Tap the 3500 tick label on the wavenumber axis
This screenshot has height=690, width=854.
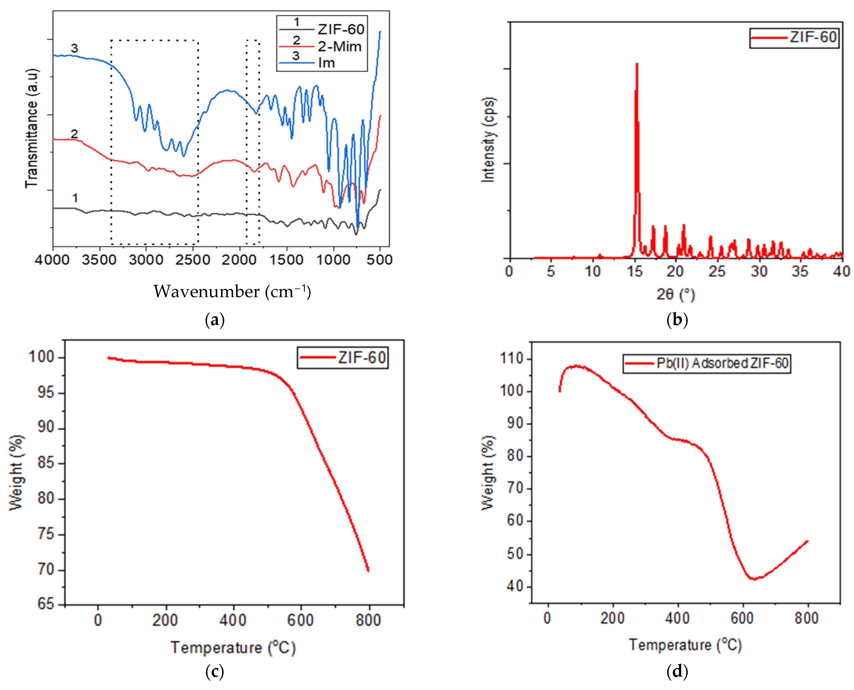click(99, 260)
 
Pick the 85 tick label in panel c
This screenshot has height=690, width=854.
click(46, 464)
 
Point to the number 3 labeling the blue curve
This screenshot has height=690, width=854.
click(74, 48)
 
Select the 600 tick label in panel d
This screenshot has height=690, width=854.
click(742, 618)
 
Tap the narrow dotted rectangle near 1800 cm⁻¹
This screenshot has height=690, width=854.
click(253, 142)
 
